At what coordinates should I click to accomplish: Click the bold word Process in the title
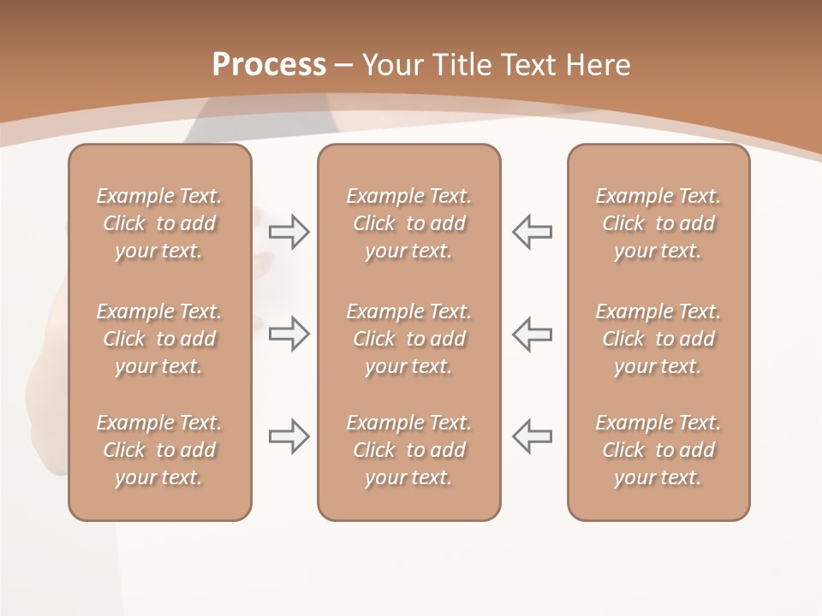click(269, 65)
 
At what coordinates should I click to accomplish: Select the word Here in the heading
click(598, 65)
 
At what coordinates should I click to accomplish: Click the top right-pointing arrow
click(289, 232)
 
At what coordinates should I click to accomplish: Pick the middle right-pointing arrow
click(289, 334)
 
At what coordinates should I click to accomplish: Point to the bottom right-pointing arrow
click(289, 436)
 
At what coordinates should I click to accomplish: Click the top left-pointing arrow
click(533, 232)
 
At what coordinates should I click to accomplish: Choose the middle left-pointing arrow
click(533, 334)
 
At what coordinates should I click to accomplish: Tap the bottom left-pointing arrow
click(533, 436)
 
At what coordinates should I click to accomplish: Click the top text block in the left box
click(159, 223)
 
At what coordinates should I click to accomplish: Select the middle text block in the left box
click(159, 339)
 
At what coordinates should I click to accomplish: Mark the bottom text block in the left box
click(159, 450)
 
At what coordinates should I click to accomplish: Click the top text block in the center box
click(408, 223)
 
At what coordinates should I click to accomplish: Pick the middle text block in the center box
click(408, 339)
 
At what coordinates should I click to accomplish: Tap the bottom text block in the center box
click(408, 450)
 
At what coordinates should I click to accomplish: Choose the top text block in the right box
click(658, 223)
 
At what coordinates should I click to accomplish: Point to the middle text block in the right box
click(658, 339)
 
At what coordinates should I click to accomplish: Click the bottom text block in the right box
click(658, 450)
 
